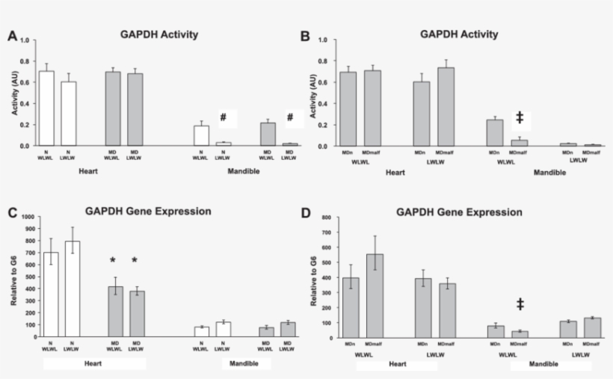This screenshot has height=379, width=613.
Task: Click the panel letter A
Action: coord(13,36)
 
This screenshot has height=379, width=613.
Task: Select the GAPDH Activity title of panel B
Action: coord(459,34)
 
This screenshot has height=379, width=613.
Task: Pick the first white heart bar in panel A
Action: coord(46,108)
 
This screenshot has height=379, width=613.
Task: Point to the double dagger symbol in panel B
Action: coord(520,117)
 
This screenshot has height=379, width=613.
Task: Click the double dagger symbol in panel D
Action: coord(520,304)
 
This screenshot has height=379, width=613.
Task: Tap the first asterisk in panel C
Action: coord(112,261)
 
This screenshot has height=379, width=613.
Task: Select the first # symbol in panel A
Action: coord(223,117)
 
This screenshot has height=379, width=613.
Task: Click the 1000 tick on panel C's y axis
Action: coord(29,217)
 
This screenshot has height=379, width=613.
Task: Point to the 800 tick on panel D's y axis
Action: coord(326,218)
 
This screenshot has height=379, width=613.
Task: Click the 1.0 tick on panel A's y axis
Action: coord(31,38)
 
